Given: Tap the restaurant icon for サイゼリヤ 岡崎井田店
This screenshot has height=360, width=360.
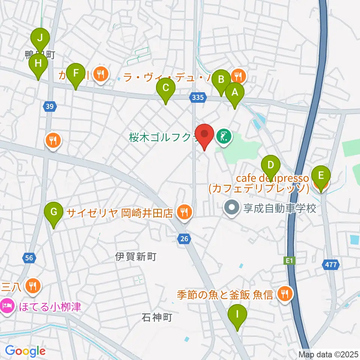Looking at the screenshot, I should tap(184, 212).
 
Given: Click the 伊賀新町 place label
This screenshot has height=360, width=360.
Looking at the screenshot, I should tap(135, 257).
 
